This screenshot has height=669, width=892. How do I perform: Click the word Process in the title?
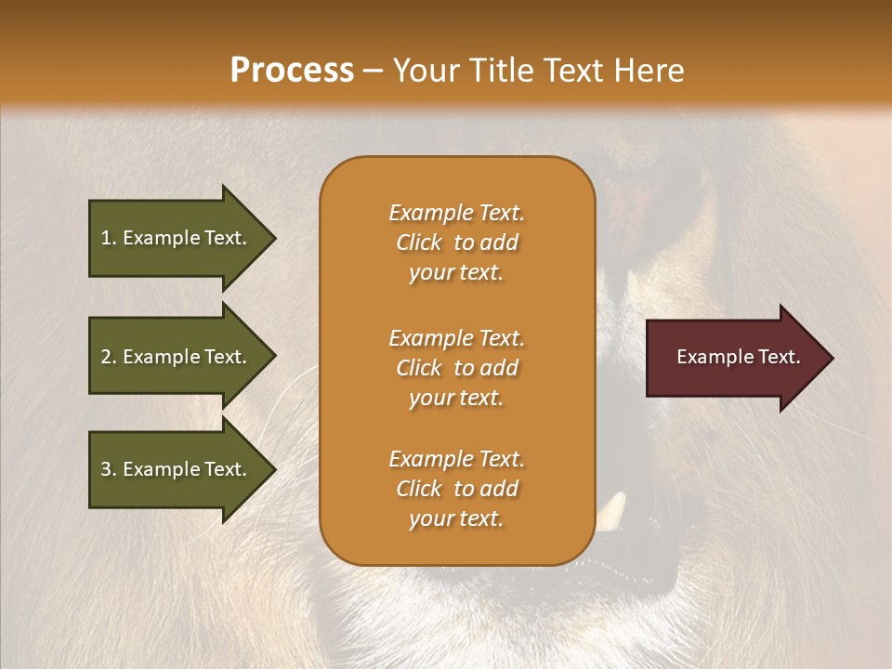(292, 71)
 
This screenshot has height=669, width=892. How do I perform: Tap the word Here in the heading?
(648, 71)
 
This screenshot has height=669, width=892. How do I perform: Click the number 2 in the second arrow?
(106, 358)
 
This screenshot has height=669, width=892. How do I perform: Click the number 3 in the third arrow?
(106, 470)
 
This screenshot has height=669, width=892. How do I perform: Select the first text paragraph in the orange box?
(456, 243)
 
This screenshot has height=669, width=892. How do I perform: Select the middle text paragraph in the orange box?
(456, 368)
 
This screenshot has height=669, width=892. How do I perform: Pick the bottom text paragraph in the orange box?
(456, 489)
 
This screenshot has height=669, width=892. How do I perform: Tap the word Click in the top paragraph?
(419, 243)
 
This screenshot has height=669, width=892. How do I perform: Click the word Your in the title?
(423, 71)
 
